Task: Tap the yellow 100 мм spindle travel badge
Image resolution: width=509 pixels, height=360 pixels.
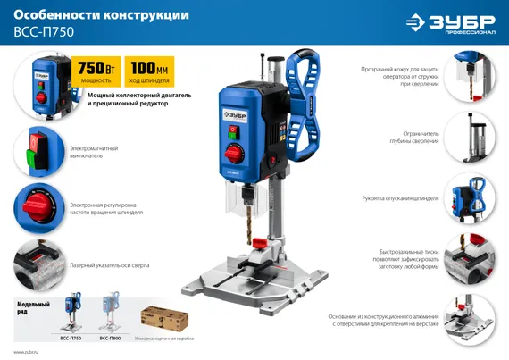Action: [x=151, y=72]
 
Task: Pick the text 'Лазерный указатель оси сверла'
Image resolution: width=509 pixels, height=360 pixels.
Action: [x=109, y=265]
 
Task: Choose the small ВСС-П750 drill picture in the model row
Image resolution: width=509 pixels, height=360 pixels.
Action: [x=69, y=315]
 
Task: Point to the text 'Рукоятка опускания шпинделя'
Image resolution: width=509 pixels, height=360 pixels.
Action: [x=400, y=198]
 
